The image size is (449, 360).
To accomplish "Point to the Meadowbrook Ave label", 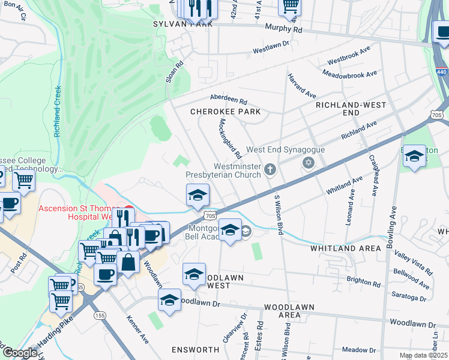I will [x=349, y=73].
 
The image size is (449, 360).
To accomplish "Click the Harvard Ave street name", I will [x=301, y=86].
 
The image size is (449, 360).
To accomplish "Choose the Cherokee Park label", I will [x=225, y=112].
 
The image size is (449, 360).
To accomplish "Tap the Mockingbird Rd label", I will [x=229, y=135].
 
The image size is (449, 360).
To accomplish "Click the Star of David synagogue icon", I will [x=309, y=163].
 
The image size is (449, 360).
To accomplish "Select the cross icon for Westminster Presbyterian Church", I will [x=271, y=170].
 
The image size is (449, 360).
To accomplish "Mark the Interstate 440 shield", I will [x=441, y=71].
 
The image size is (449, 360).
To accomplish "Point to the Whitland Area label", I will [x=345, y=248].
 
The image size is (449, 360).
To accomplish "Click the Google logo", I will [x=20, y=353].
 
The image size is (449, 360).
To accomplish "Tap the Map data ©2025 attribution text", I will [x=423, y=355].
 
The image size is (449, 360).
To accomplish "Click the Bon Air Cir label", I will [x=15, y=10].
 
